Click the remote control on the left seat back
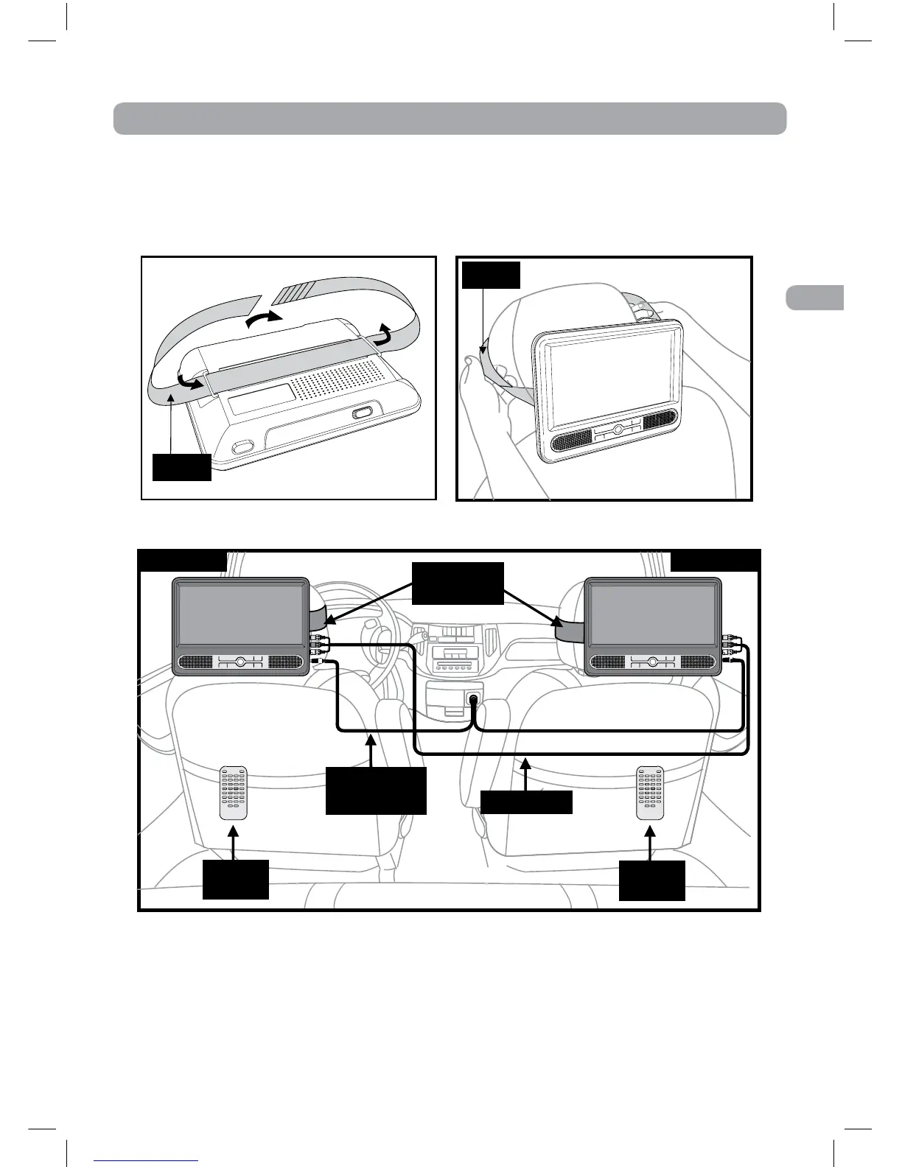coord(234,793)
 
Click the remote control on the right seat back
coord(650,793)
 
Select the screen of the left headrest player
coord(240,614)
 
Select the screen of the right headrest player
coord(651,614)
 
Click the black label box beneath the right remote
coord(651,880)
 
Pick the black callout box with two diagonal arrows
coord(457,583)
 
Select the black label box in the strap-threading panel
coord(181,467)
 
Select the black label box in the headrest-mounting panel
coord(491,275)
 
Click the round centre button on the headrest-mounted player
coord(618,429)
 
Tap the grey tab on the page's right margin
coord(814,298)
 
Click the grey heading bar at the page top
coord(450,119)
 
